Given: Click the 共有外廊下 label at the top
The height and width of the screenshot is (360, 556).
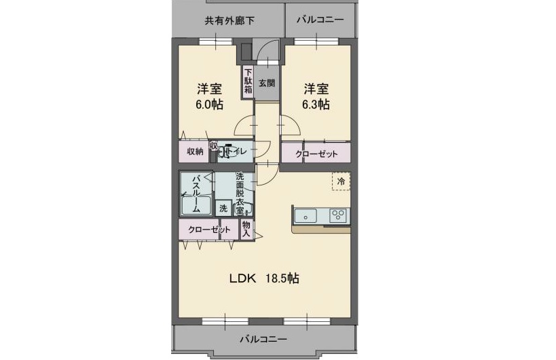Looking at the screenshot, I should coord(229,20).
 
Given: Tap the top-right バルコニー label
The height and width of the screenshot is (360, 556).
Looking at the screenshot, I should coord(320,20).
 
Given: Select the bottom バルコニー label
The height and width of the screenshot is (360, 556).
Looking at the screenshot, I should coord(263,338).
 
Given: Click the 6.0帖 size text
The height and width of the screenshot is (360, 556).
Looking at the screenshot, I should coord(209,105).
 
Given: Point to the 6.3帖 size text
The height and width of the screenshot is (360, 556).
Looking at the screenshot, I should coord(316,105).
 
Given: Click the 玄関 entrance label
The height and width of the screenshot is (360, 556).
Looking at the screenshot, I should coord(266,84).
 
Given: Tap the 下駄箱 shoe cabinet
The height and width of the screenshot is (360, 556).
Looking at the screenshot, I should coord(248,81).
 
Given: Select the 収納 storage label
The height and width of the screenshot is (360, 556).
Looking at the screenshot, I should coord(195,151).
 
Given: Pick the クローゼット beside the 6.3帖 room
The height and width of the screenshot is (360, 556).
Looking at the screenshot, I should coord(316,154).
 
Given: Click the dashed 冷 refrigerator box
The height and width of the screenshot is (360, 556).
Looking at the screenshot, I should coord(341,181).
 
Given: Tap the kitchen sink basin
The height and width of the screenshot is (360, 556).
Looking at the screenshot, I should coord(307,216).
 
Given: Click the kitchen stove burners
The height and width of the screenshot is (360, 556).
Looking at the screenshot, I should coord(338,216).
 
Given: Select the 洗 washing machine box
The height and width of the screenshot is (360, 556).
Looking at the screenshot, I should coord(223,209).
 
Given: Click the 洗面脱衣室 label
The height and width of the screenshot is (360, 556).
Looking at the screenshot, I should coord(240,194).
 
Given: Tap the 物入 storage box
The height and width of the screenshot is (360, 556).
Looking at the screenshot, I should coord(246,229).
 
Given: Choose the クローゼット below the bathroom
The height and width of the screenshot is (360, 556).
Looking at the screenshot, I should coord(208,230).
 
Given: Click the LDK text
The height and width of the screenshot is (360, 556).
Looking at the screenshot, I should coord(242,278).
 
